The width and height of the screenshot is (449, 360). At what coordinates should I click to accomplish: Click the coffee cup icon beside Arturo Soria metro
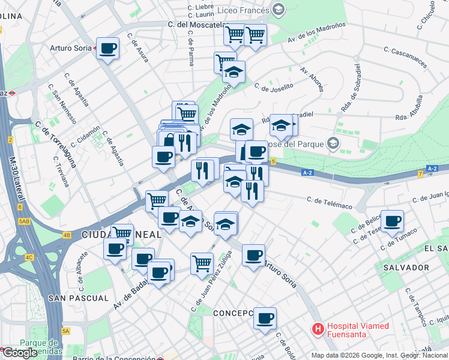click(108, 48)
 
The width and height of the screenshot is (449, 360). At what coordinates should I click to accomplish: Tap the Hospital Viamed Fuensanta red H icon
click(318, 329)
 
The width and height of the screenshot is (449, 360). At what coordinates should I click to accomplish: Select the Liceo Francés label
click(243, 9)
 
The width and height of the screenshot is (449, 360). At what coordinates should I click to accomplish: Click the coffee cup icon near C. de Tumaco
click(393, 221)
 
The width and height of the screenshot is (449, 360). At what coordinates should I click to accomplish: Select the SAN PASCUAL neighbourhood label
click(79, 298)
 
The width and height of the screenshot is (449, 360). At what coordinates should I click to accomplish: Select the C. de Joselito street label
click(274, 87)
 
